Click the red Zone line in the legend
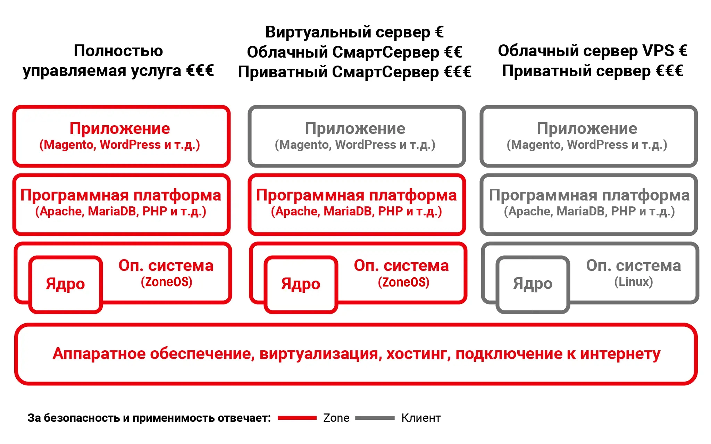tap(297, 418)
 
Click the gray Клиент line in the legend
tap(375, 418)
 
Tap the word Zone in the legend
tap(336, 418)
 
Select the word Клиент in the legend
tap(421, 418)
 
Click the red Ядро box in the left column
tap(65, 257)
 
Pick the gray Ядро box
tap(533, 257)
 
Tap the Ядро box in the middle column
tap(301, 257)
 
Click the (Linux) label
tap(634, 282)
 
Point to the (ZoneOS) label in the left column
tap(166, 282)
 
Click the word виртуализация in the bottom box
tap(320, 354)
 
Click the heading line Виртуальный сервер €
tap(354, 32)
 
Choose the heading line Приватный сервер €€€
tap(593, 71)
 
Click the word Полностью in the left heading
tap(118, 51)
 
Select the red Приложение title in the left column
tap(120, 129)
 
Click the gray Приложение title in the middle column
tap(355, 129)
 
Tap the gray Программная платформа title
tap(589, 195)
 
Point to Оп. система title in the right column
tap(634, 265)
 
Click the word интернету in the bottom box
tap(620, 354)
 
